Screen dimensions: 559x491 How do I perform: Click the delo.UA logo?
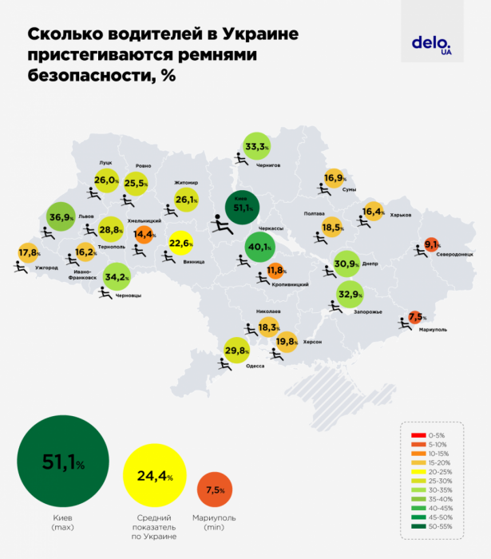tap(432, 45)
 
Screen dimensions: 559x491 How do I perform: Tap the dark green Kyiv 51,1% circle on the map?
tap(240, 208)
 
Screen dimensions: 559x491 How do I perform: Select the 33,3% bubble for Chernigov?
tap(255, 146)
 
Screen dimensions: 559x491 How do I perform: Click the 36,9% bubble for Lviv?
tap(61, 217)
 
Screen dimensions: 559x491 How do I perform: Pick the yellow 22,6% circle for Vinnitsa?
tap(182, 244)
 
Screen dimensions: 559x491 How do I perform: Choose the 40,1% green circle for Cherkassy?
tap(257, 247)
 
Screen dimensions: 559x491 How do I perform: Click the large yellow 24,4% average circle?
tap(154, 477)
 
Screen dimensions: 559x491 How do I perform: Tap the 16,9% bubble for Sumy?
tap(334, 178)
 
